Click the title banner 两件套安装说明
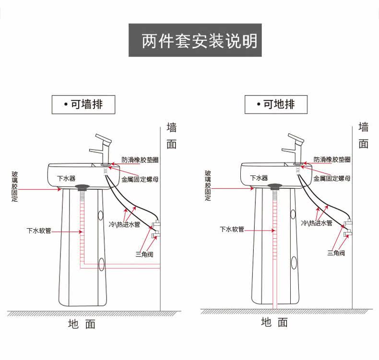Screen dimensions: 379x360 click(x=195, y=40)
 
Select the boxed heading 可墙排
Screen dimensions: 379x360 click(x=83, y=105)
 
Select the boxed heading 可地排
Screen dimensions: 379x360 click(x=276, y=105)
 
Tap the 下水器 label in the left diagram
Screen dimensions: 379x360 click(x=66, y=178)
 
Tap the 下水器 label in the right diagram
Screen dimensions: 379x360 click(x=259, y=178)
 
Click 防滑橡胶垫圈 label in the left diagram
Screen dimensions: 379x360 click(x=140, y=160)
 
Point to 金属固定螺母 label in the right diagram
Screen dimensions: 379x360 click(x=332, y=178)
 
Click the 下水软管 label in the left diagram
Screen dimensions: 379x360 click(x=39, y=231)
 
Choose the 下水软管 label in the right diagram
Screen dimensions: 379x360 click(x=232, y=229)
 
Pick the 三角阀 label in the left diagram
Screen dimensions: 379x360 click(x=144, y=254)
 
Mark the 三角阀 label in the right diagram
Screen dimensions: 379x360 click(x=336, y=253)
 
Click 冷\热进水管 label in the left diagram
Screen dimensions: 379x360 click(x=124, y=224)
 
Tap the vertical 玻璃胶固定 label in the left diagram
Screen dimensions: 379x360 click(x=14, y=186)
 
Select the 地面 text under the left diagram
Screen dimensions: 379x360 click(x=82, y=324)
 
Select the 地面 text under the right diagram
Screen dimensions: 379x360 click(x=274, y=322)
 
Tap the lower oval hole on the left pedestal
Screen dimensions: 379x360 click(x=102, y=264)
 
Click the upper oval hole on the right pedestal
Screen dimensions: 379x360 click(x=293, y=214)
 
